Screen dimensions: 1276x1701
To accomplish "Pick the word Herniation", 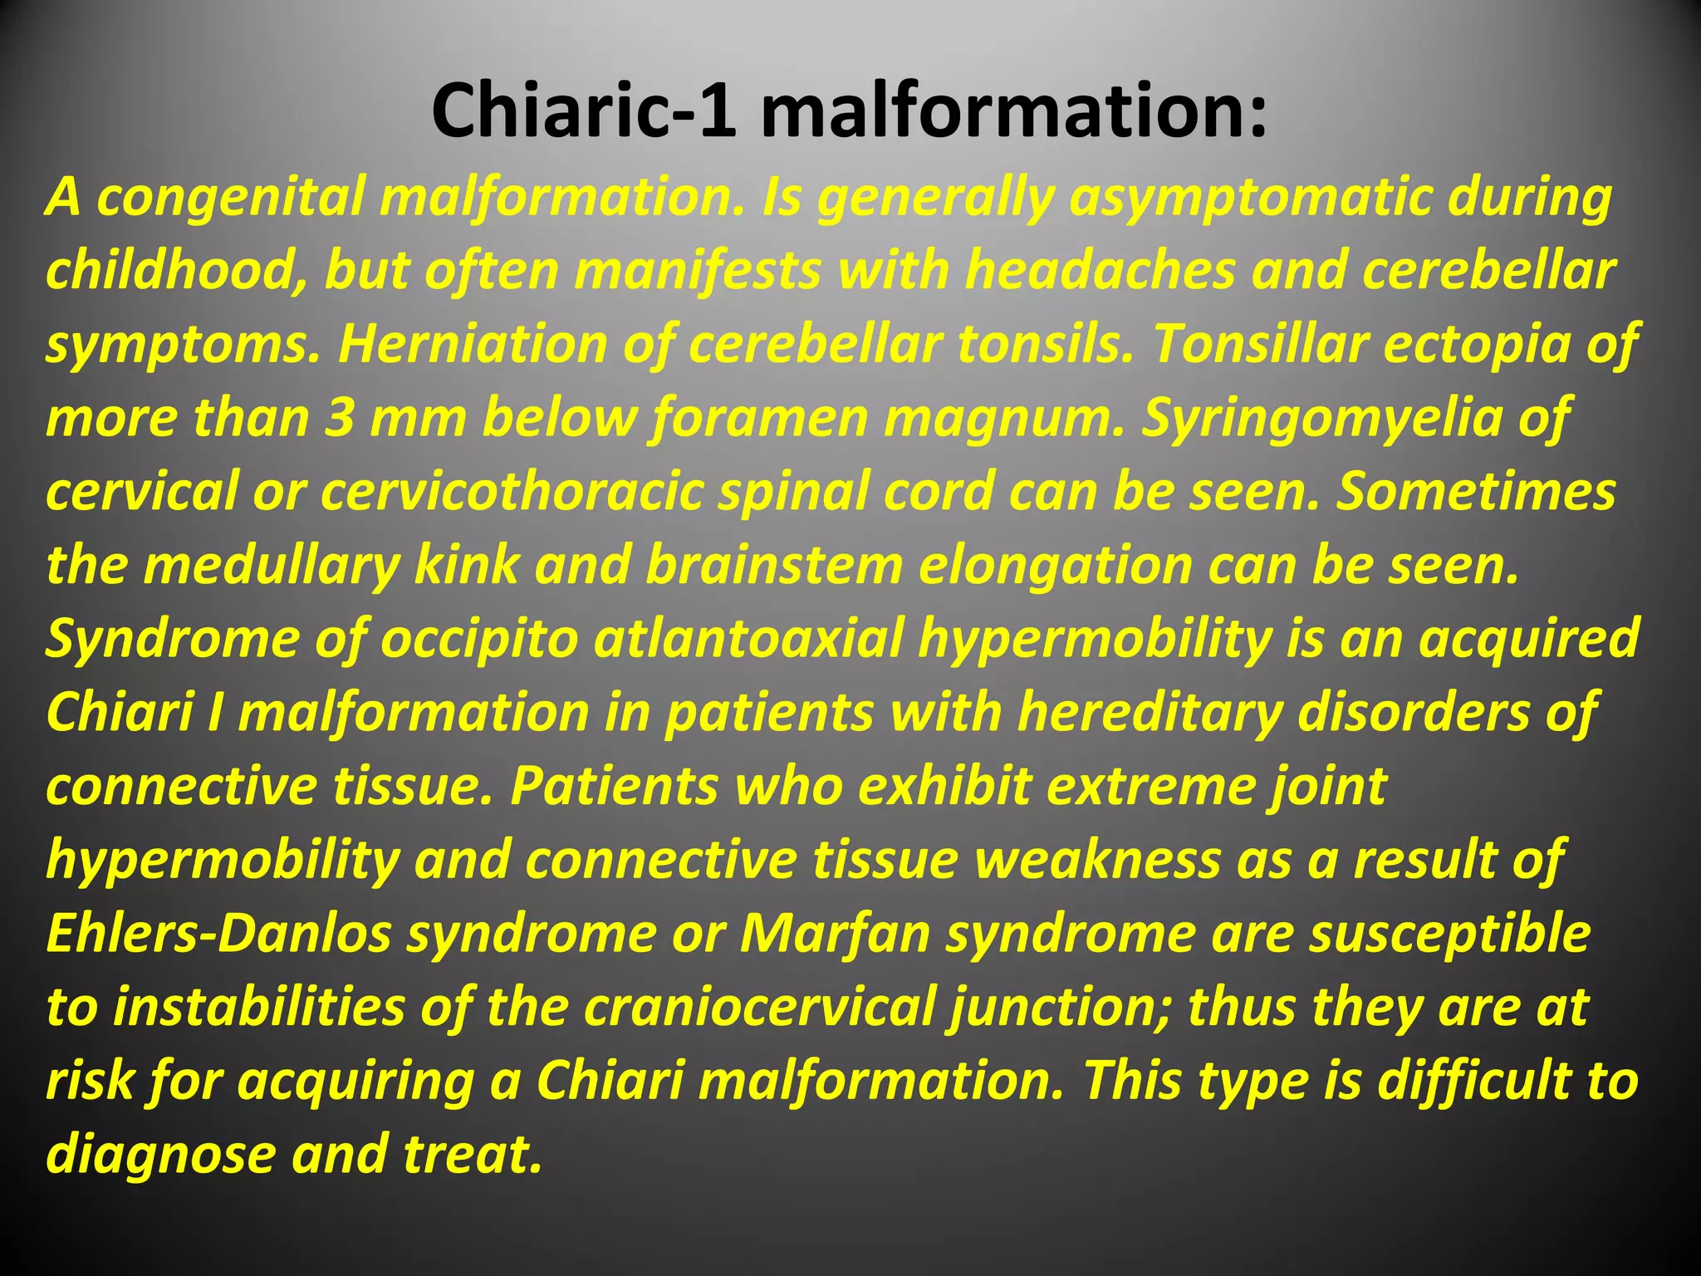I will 472,344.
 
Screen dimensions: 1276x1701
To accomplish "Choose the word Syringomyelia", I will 1321,418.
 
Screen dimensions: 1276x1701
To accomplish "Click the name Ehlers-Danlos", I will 218,934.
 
